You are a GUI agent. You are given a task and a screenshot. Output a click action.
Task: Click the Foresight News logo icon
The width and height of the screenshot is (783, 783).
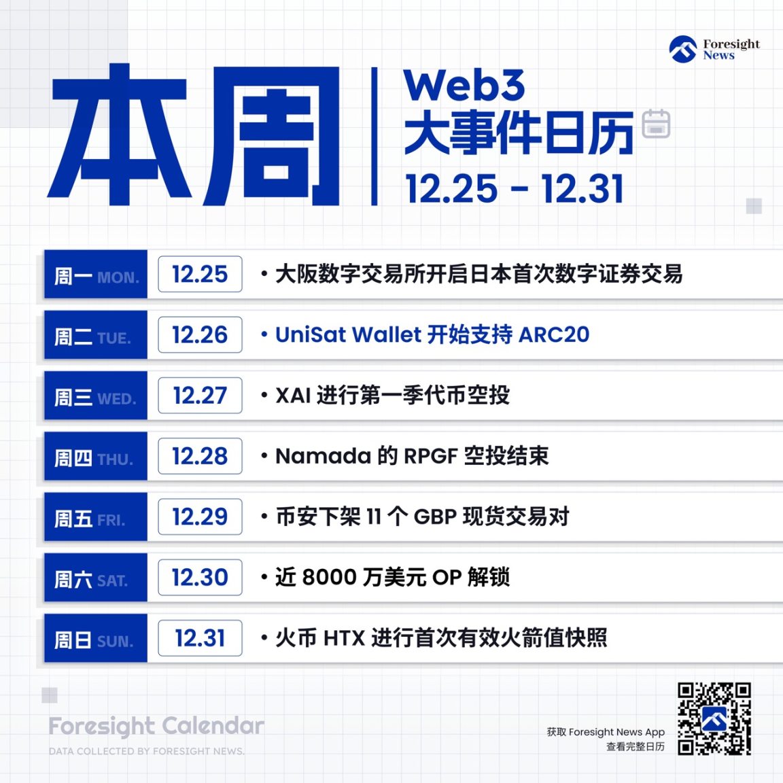(682, 50)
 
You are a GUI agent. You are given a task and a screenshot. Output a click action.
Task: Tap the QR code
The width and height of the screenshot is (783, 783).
(714, 719)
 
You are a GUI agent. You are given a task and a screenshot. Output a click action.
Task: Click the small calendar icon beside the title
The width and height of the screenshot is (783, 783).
(656, 124)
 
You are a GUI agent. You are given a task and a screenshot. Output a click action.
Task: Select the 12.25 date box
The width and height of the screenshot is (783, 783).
(200, 274)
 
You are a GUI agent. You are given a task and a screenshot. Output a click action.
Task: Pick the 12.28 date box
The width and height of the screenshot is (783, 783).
(200, 456)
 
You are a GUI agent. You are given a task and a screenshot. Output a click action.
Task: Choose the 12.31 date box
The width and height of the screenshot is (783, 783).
(200, 638)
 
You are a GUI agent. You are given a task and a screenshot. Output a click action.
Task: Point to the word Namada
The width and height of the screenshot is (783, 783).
(323, 456)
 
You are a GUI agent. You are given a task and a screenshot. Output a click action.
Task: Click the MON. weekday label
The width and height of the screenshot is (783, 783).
(118, 278)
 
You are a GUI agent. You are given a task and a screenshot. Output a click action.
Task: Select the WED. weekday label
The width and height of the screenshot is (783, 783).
(117, 399)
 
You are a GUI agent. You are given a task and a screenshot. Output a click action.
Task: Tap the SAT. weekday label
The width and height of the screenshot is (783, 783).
(112, 581)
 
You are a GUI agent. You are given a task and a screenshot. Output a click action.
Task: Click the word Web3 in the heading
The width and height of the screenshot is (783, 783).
(464, 86)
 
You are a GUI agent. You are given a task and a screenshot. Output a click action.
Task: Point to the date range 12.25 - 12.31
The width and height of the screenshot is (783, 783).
(515, 188)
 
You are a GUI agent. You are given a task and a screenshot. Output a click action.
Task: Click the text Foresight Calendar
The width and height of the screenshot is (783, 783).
(156, 726)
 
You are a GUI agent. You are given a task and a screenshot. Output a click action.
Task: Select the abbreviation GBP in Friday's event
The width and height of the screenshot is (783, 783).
(434, 517)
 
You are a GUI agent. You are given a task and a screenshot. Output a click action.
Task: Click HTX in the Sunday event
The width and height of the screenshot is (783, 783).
(344, 638)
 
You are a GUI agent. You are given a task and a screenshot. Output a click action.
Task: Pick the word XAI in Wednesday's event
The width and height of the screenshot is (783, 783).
(293, 396)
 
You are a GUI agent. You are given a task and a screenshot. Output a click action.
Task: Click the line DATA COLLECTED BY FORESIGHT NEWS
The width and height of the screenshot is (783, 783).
(147, 751)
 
